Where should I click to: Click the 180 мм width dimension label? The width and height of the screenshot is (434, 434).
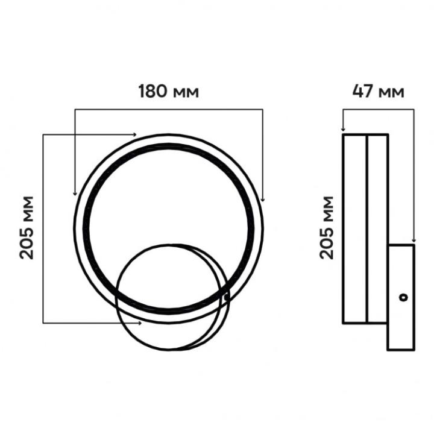pyautogui.click(x=168, y=92)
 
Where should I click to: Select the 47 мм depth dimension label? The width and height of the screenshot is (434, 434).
pyautogui.click(x=378, y=92)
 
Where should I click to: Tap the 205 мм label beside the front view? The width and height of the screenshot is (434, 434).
pyautogui.click(x=27, y=227)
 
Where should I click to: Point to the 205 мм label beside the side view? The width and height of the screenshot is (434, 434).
pyautogui.click(x=326, y=227)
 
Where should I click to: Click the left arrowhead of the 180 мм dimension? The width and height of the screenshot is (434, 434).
pyautogui.click(x=75, y=193)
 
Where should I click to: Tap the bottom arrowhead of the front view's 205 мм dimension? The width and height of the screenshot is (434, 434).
pyautogui.click(x=139, y=323)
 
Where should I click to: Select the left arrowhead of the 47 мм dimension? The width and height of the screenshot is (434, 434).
pyautogui.click(x=342, y=128)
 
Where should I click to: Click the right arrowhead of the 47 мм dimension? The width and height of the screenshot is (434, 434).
pyautogui.click(x=414, y=240)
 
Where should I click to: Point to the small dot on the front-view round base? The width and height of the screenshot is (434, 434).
pyautogui.click(x=225, y=297)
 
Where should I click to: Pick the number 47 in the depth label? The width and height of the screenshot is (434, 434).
pyautogui.click(x=363, y=92)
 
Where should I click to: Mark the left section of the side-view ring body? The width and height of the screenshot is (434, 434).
pyautogui.click(x=354, y=229)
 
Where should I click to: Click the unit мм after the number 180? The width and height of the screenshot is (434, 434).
pyautogui.click(x=186, y=93)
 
